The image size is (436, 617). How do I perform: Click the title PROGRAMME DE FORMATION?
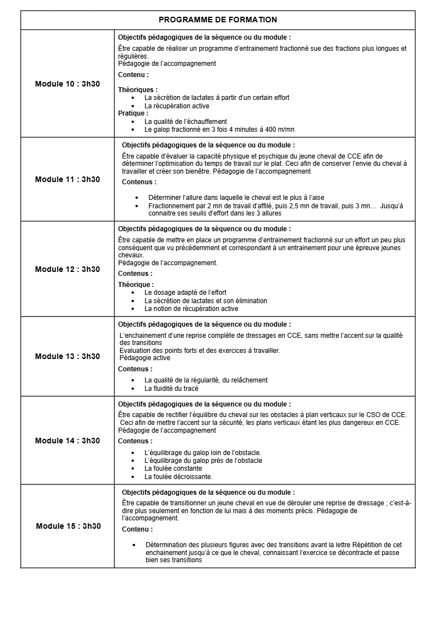[218, 20]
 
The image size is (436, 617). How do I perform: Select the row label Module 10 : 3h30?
[68, 84]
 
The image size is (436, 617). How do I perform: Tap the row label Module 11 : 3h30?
[68, 179]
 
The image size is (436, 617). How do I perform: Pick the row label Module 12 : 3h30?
[68, 269]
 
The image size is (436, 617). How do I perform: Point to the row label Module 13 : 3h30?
[68, 356]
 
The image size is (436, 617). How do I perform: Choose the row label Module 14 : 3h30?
[68, 441]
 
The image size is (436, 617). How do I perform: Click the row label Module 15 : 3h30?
[68, 526]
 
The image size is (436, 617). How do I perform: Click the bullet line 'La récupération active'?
[176, 106]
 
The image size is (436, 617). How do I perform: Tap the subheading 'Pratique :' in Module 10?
[133, 113]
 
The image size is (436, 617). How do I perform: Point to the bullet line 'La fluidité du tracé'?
[171, 388]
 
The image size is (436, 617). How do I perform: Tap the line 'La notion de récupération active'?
[191, 308]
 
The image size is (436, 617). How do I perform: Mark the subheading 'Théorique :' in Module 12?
[136, 285]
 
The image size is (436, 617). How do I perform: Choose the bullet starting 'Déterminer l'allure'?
[236, 197]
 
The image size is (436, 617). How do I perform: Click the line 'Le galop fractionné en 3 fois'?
[219, 129]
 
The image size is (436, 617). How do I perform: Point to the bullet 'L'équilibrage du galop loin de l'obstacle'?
[203, 453]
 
